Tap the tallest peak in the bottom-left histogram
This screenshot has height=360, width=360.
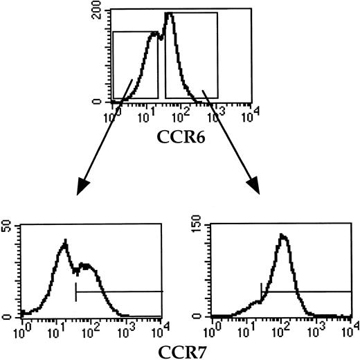coord(64,242)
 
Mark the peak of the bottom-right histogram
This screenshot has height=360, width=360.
coord(282,235)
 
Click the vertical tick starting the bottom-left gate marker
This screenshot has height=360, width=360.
coord(75,292)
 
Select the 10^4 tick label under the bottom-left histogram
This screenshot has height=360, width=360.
coord(162,325)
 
